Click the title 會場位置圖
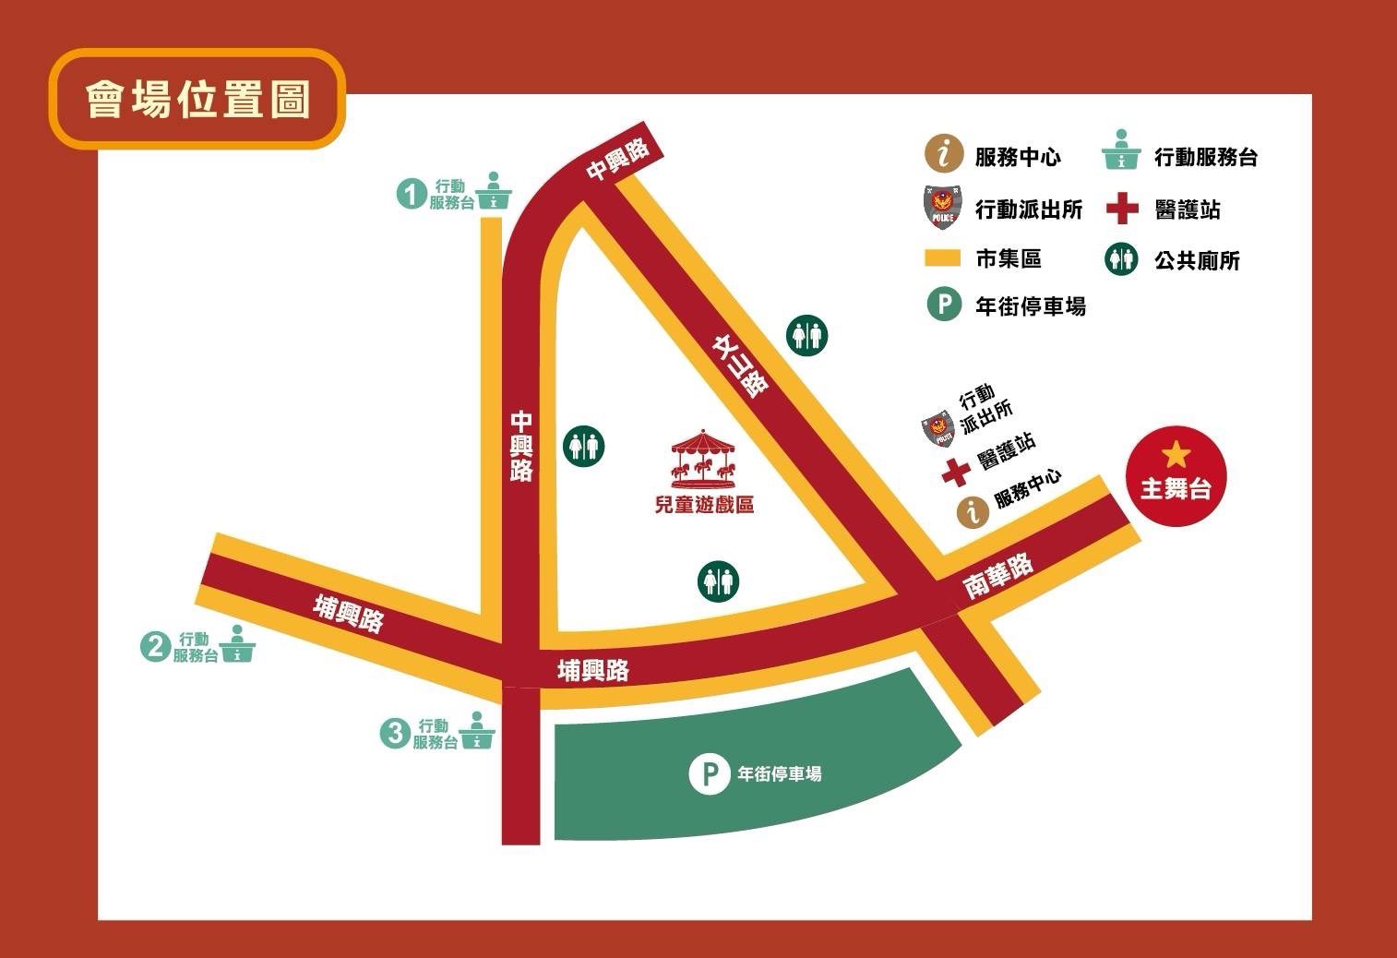(x=197, y=100)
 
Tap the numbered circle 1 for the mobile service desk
(x=412, y=195)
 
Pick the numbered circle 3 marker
(x=394, y=734)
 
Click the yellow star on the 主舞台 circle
(x=1176, y=455)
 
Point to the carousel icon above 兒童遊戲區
(x=704, y=459)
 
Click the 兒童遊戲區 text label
(x=704, y=505)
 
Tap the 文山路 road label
(x=741, y=365)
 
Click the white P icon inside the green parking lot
(x=709, y=774)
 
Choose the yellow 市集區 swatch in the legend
(x=943, y=258)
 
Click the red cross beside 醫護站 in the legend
(x=1122, y=209)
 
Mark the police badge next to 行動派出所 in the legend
(x=943, y=209)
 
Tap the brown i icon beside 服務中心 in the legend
(x=943, y=155)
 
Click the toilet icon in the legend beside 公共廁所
(x=1122, y=259)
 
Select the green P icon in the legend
(x=943, y=305)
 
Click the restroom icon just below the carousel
(x=718, y=581)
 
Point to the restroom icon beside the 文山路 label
(x=807, y=335)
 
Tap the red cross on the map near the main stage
(x=956, y=472)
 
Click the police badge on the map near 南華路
(x=937, y=428)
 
